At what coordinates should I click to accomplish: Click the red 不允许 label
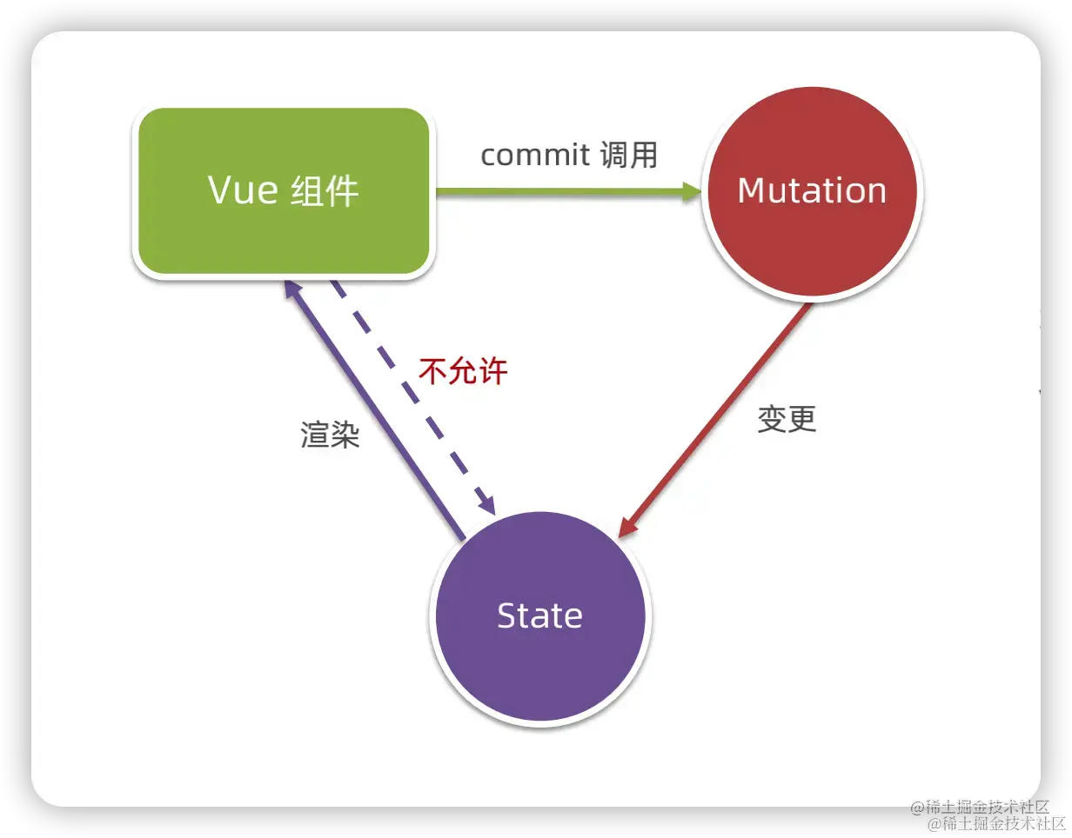tap(463, 371)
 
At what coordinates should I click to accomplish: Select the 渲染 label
tap(330, 434)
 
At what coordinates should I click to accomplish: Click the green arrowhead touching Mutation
tap(693, 192)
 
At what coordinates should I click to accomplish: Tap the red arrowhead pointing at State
tap(628, 524)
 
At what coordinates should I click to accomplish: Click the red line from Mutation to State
tap(722, 414)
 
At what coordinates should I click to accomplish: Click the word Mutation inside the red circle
tap(812, 190)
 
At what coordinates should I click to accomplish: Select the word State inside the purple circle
tap(539, 615)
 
